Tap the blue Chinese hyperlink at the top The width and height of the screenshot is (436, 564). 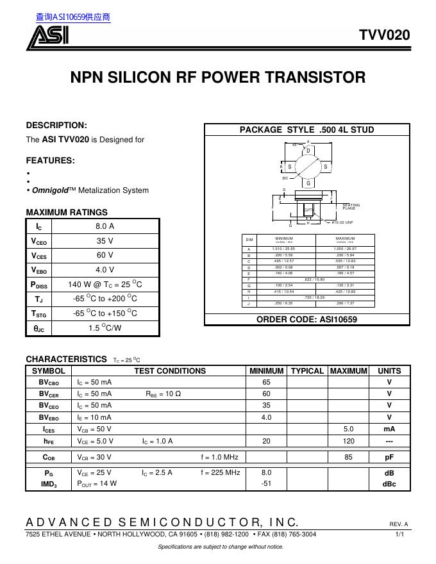pos(73,17)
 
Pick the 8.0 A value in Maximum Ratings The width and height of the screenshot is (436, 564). pos(105,226)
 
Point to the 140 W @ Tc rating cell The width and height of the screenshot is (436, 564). pos(105,284)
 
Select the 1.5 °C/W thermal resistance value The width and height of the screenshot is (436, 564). pos(105,328)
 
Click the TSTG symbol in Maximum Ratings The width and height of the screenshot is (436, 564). pos(39,313)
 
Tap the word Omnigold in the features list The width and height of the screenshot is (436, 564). pos(47,190)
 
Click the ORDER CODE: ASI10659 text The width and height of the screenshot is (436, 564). pos(306,319)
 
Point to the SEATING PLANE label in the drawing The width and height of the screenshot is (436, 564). pos(351,206)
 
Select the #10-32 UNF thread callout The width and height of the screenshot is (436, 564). pos(342,222)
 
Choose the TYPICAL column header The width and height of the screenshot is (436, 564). pos(307,370)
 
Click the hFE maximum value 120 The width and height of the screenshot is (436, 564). pos(348,441)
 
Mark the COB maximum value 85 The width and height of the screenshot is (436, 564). pos(348,457)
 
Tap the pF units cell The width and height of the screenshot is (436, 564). pos(389,457)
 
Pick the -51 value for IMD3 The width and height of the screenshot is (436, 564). pos(265,484)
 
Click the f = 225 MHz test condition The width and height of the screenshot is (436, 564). pos(220,472)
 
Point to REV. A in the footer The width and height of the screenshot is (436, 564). pos(398,524)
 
